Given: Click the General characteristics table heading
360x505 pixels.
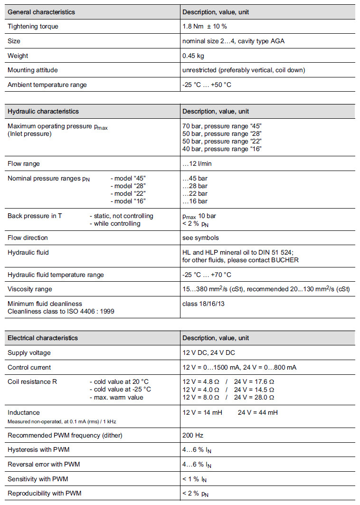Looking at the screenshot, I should pyautogui.click(x=41, y=12).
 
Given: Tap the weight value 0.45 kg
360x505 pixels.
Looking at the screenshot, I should pyautogui.click(x=193, y=56).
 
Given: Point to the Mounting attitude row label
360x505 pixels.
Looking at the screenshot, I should pyautogui.click(x=33, y=70).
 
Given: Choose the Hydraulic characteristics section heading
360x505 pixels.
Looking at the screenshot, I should pyautogui.click(x=43, y=112).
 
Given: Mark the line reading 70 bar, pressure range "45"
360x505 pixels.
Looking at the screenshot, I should pyautogui.click(x=222, y=126).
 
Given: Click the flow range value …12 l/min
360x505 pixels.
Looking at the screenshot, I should pyautogui.click(x=198, y=164).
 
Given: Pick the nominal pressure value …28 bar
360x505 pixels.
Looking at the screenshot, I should pyautogui.click(x=195, y=186).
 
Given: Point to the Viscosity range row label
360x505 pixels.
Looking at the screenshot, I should pyautogui.click(x=30, y=289).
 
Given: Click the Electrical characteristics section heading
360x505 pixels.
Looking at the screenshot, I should pyautogui.click(x=43, y=338).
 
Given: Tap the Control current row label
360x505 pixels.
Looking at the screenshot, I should pyautogui.click(x=29, y=368).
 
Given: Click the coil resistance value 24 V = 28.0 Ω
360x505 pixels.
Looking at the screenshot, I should pyautogui.click(x=255, y=397).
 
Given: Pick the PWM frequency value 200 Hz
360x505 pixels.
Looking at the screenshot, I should pyautogui.click(x=192, y=435).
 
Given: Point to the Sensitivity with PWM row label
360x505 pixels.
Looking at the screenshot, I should pyautogui.click(x=38, y=479).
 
